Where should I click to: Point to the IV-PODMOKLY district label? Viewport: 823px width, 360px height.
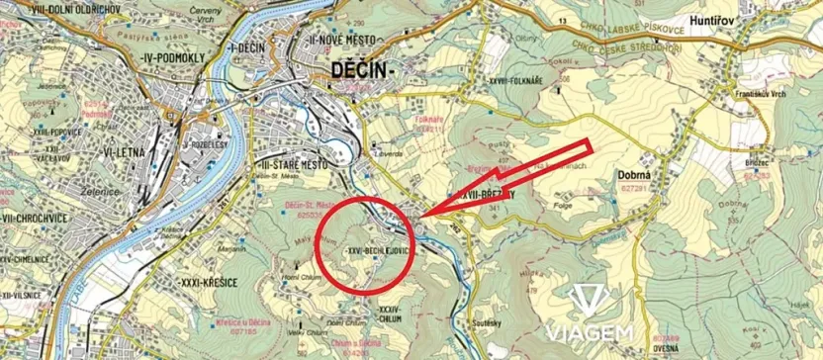(x=174, y=58)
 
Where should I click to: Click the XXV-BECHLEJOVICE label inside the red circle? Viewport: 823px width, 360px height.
(x=380, y=251)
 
